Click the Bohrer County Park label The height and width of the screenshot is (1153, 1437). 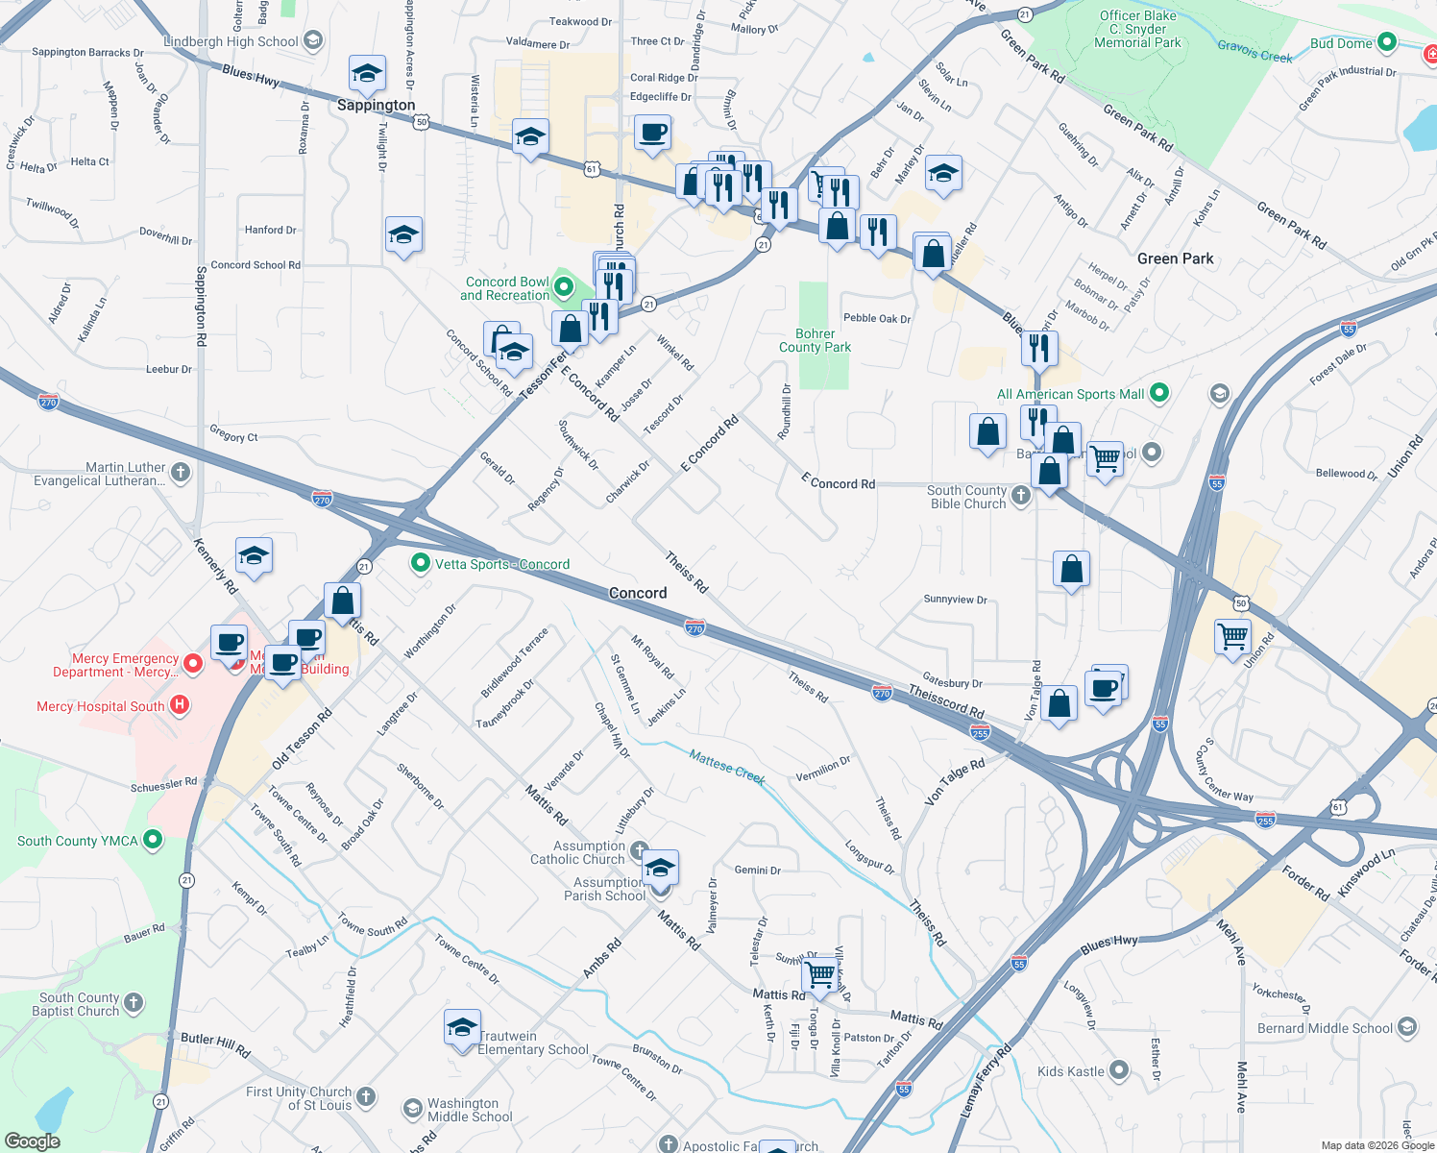[x=815, y=341]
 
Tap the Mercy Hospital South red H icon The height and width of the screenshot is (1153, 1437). [x=179, y=705]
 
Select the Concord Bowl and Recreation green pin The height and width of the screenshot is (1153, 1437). [x=563, y=286]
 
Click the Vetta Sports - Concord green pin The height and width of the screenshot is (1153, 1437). [x=420, y=563]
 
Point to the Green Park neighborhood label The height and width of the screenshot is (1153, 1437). [x=1175, y=258]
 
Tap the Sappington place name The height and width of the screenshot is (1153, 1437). [x=376, y=105]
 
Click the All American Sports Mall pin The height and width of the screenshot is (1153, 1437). [x=1159, y=392]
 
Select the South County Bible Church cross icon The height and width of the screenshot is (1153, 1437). [x=1021, y=495]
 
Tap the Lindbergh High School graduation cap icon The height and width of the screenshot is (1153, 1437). [x=312, y=40]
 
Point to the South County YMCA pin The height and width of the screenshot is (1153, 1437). [x=152, y=840]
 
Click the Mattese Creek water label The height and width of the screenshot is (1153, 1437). [x=727, y=767]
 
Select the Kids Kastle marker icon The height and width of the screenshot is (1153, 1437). [x=1119, y=1069]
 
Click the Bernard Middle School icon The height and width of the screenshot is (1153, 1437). [x=1407, y=1027]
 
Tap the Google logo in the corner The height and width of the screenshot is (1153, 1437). [x=32, y=1141]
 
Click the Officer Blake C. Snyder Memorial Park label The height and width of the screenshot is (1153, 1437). [x=1138, y=29]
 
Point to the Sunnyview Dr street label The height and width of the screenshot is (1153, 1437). [x=955, y=600]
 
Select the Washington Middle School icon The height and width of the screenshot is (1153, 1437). [x=412, y=1109]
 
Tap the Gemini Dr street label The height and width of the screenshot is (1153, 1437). [x=757, y=871]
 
